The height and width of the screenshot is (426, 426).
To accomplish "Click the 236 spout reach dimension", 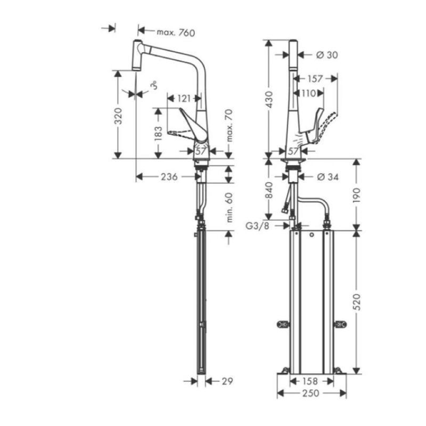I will pyautogui.click(x=169, y=177).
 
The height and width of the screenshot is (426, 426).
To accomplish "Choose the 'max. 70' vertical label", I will pyautogui.click(x=229, y=126).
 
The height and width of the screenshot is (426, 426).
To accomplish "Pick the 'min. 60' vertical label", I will pyautogui.click(x=229, y=207).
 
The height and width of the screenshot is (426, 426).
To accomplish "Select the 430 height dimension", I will pyautogui.click(x=269, y=99).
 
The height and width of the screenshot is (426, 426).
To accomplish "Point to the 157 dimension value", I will pyautogui.click(x=315, y=79).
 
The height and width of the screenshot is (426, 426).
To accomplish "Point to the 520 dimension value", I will pyautogui.click(x=357, y=302).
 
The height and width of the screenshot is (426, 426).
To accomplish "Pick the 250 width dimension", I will pyautogui.click(x=311, y=393).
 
